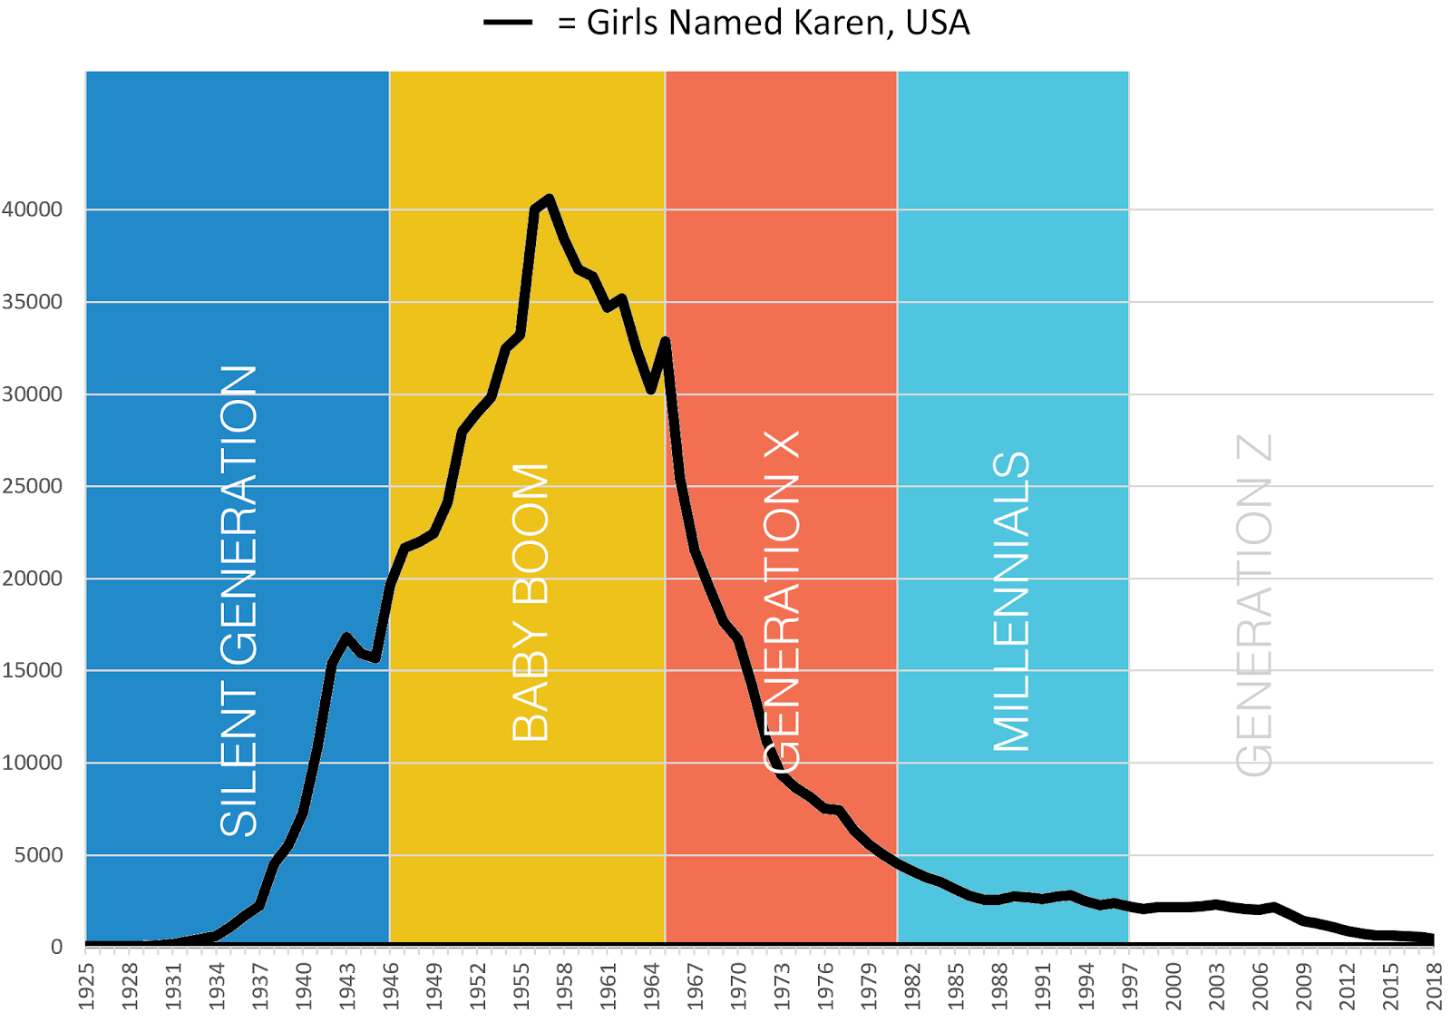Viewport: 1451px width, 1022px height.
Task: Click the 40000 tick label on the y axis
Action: [x=33, y=209]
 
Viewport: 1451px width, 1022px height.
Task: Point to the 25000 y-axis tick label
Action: [x=33, y=486]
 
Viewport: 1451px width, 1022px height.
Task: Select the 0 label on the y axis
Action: [x=57, y=947]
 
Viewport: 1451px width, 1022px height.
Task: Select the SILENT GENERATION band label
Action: [x=239, y=600]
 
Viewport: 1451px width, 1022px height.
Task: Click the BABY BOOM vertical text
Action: [x=531, y=602]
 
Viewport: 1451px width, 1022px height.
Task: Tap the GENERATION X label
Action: [x=782, y=601]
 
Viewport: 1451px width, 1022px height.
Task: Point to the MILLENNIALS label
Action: [x=1012, y=601]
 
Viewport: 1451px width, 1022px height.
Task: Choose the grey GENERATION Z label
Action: [x=1255, y=605]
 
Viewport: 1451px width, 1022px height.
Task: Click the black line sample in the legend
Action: [x=508, y=23]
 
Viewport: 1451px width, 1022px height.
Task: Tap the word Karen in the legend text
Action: [x=841, y=23]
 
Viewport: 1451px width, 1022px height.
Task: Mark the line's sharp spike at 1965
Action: [x=666, y=341]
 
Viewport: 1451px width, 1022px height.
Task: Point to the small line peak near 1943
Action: [x=346, y=637]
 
